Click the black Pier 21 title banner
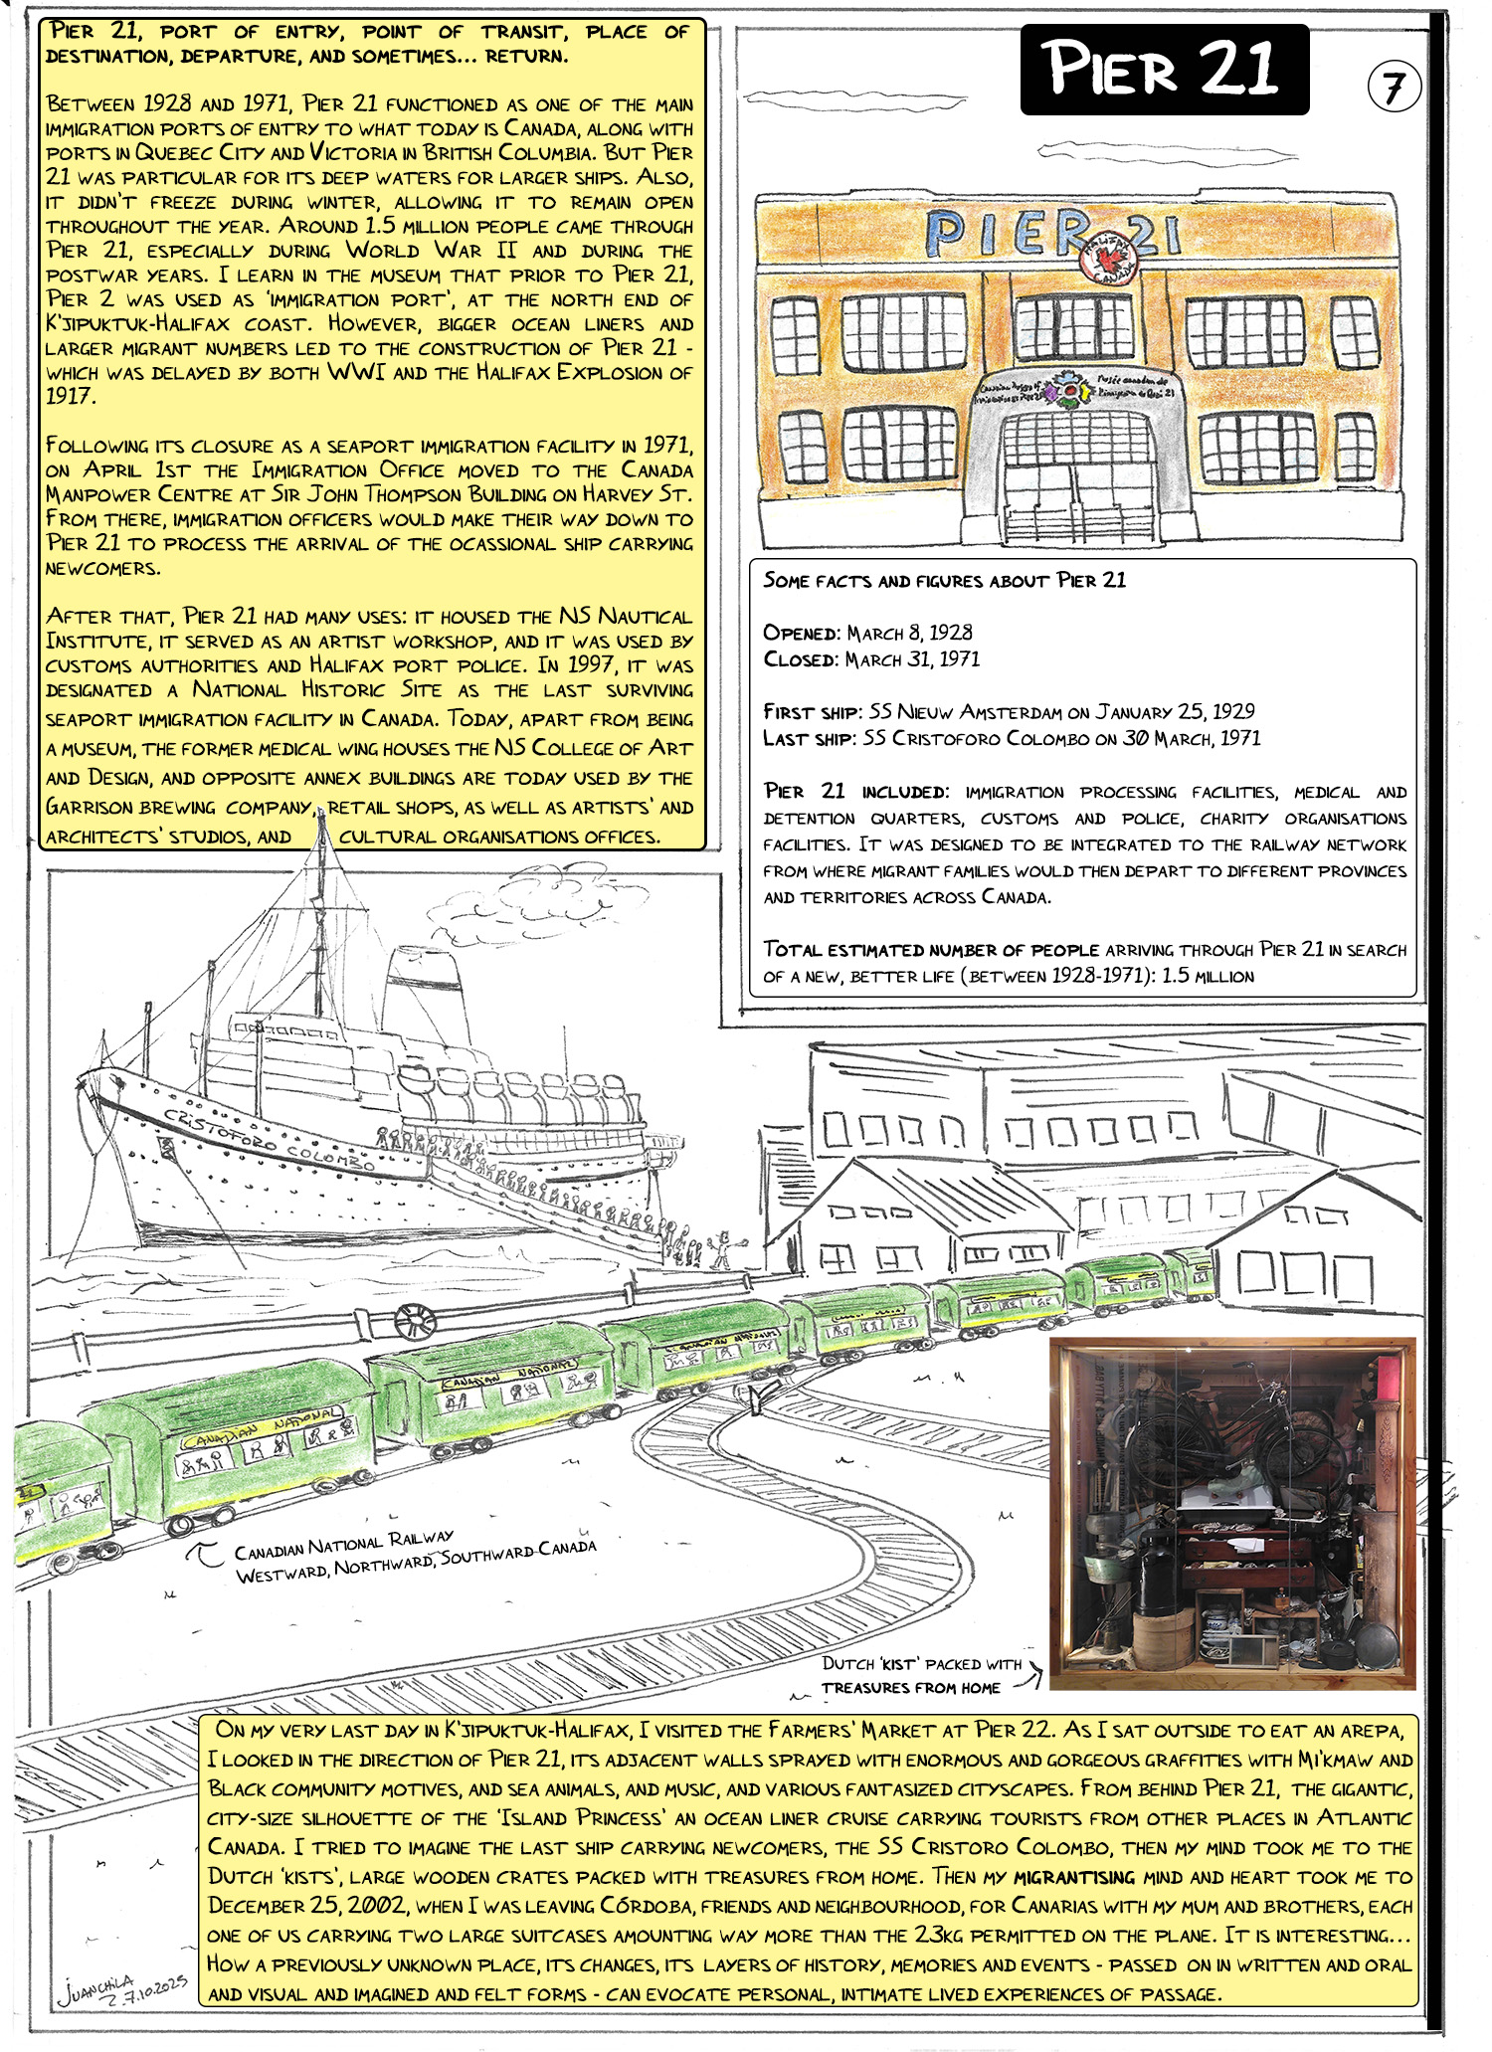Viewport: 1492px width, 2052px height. [x=1164, y=70]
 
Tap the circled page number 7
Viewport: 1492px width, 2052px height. [x=1394, y=89]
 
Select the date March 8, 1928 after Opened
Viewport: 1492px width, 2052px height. [x=909, y=633]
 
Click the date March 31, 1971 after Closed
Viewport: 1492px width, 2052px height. [x=912, y=659]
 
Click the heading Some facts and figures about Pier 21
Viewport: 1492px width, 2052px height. [x=944, y=580]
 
